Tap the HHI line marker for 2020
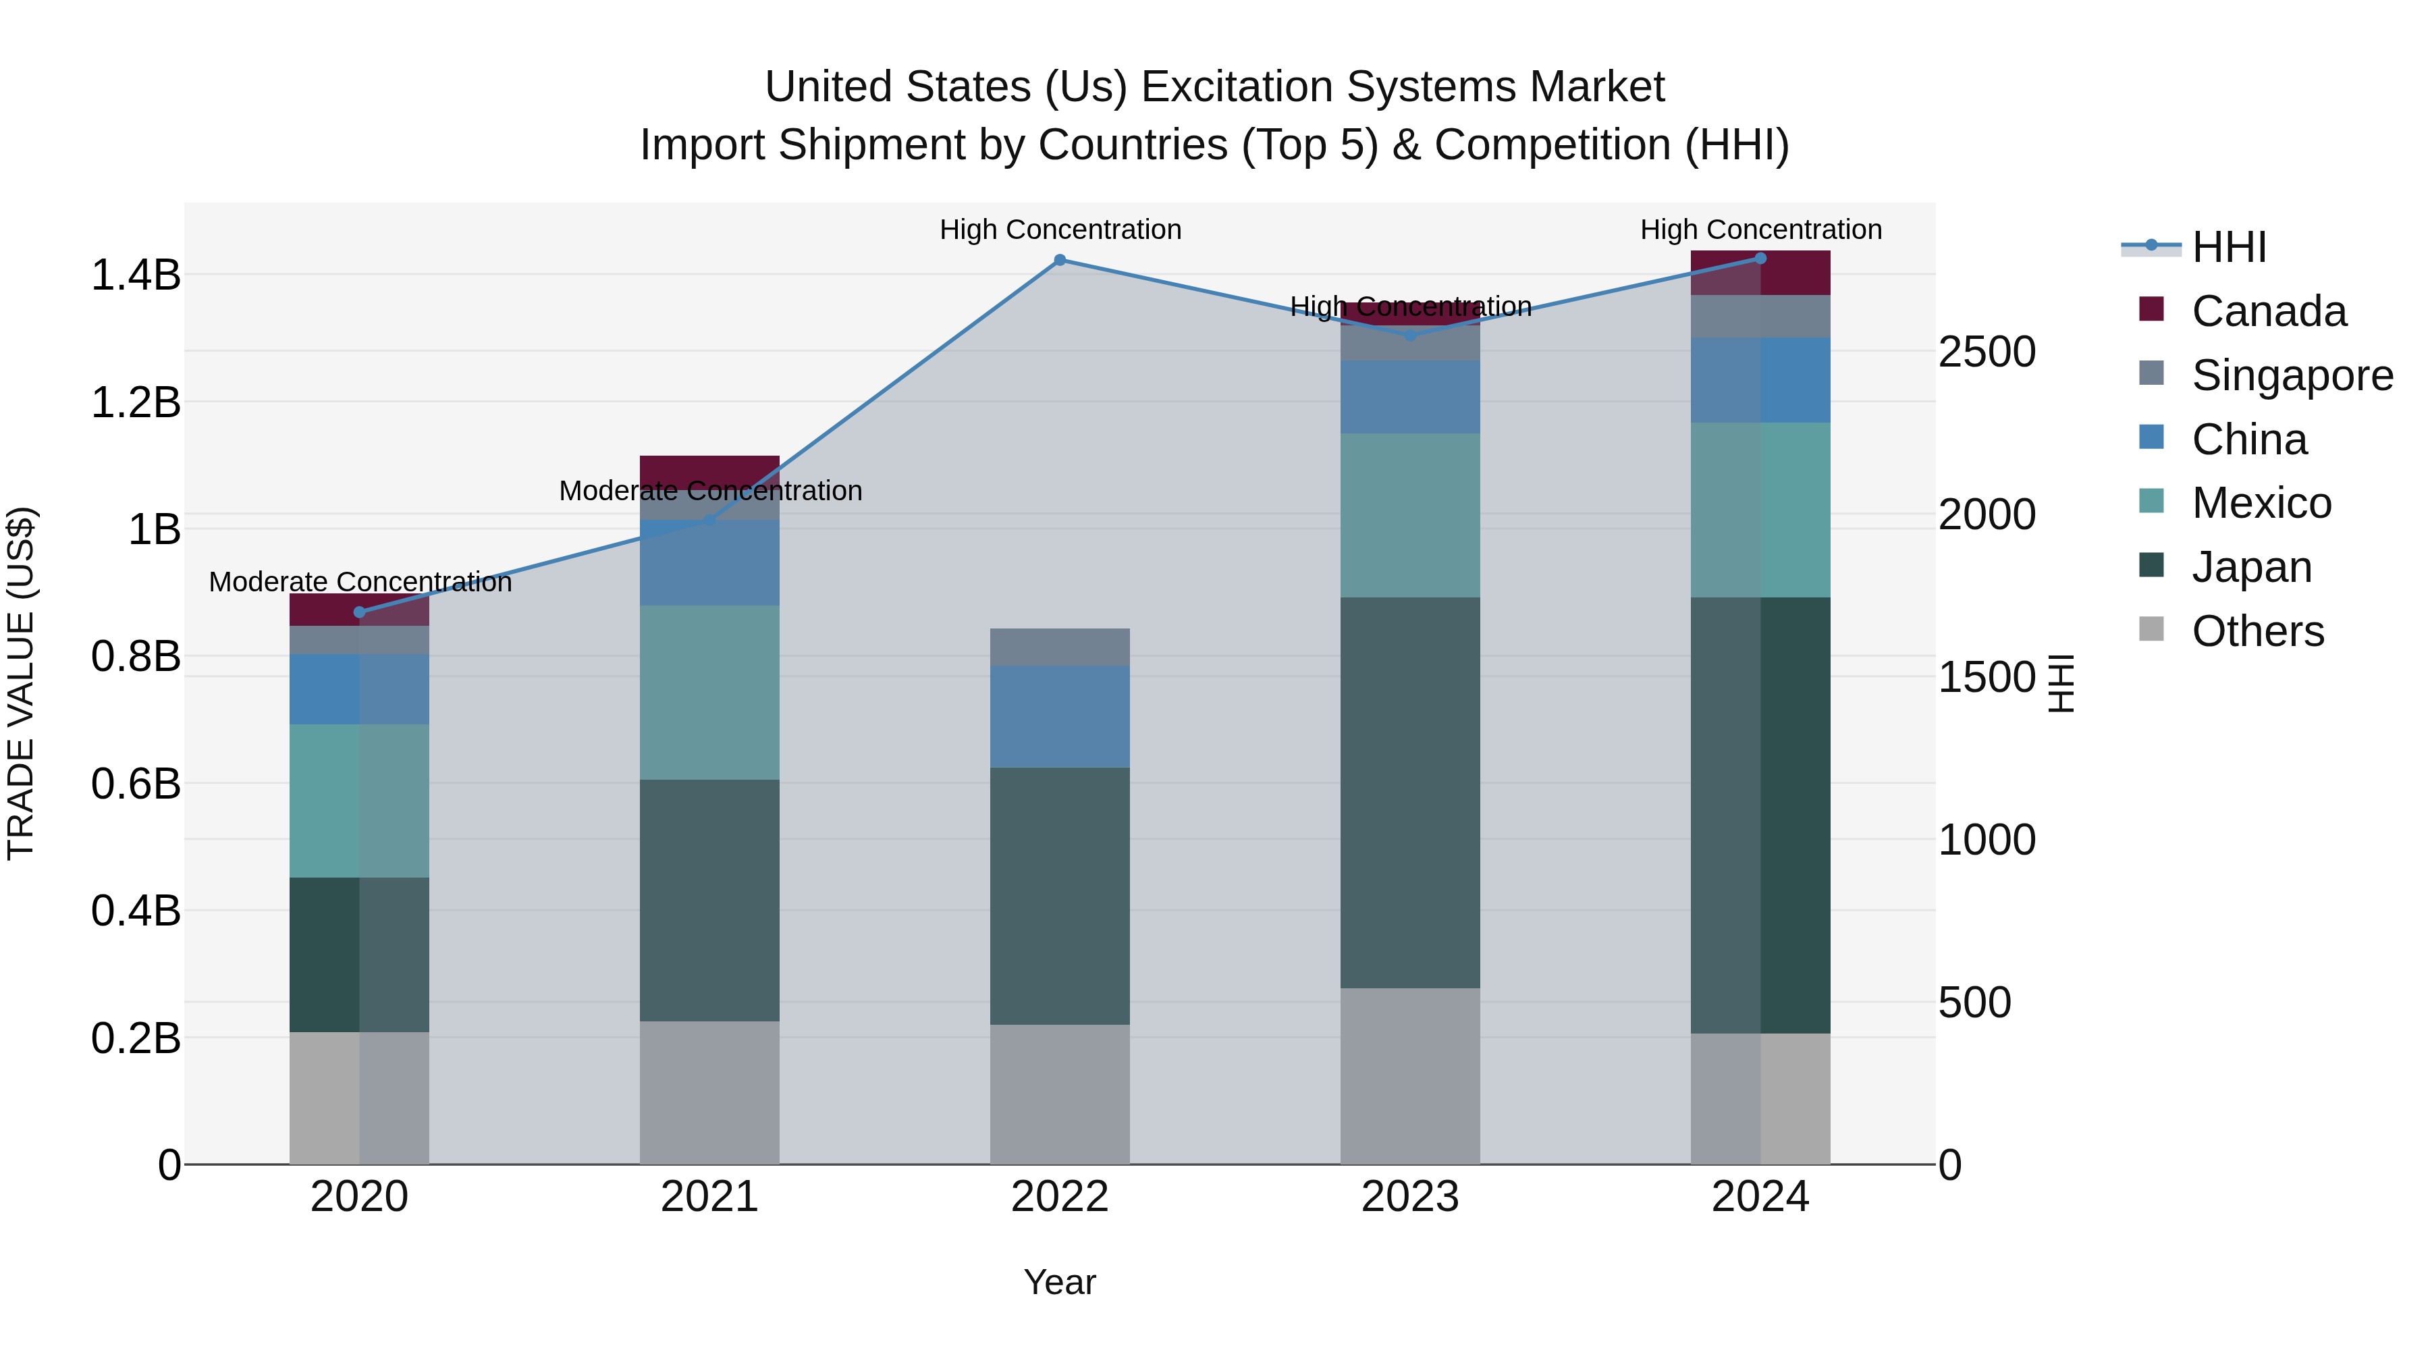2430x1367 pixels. pos(359,612)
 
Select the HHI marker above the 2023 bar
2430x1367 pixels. pos(1410,335)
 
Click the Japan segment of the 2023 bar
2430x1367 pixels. pos(1410,793)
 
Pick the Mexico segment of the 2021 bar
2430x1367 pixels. pos(709,693)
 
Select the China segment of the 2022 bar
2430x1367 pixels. pos(1059,717)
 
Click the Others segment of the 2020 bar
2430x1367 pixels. pos(359,1098)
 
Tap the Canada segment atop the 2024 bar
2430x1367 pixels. pos(1760,273)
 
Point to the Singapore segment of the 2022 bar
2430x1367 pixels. pos(1059,647)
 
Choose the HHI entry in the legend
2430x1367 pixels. pos(2228,247)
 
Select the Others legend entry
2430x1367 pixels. pos(2257,631)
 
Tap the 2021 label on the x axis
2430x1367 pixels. pos(709,1197)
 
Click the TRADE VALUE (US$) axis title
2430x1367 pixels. pos(21,683)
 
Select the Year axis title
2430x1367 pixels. pos(1059,1282)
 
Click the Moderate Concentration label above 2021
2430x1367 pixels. pos(710,491)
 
